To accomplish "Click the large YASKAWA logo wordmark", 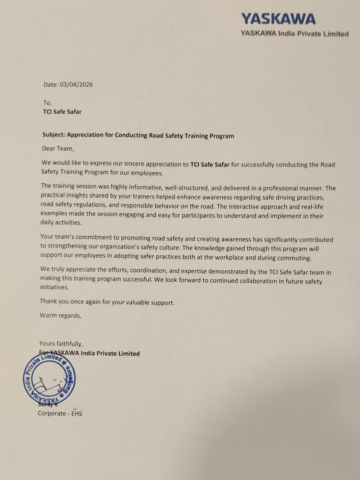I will click(x=278, y=19).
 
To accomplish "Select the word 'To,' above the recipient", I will click(x=47, y=103).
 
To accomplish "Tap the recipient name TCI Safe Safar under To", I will click(x=62, y=112).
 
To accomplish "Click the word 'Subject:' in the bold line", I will click(x=54, y=135).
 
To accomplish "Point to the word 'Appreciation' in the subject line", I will click(x=85, y=135).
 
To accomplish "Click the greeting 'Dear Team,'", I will click(x=58, y=148).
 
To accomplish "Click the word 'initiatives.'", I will click(x=54, y=287).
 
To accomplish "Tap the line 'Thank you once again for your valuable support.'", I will click(x=107, y=302).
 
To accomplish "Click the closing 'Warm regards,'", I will click(x=60, y=315).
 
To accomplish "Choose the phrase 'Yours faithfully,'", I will click(x=61, y=343).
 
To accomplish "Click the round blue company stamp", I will click(x=49, y=379).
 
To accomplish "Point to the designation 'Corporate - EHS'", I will click(x=60, y=414).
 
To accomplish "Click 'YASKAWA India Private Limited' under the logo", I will click(x=294, y=34).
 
